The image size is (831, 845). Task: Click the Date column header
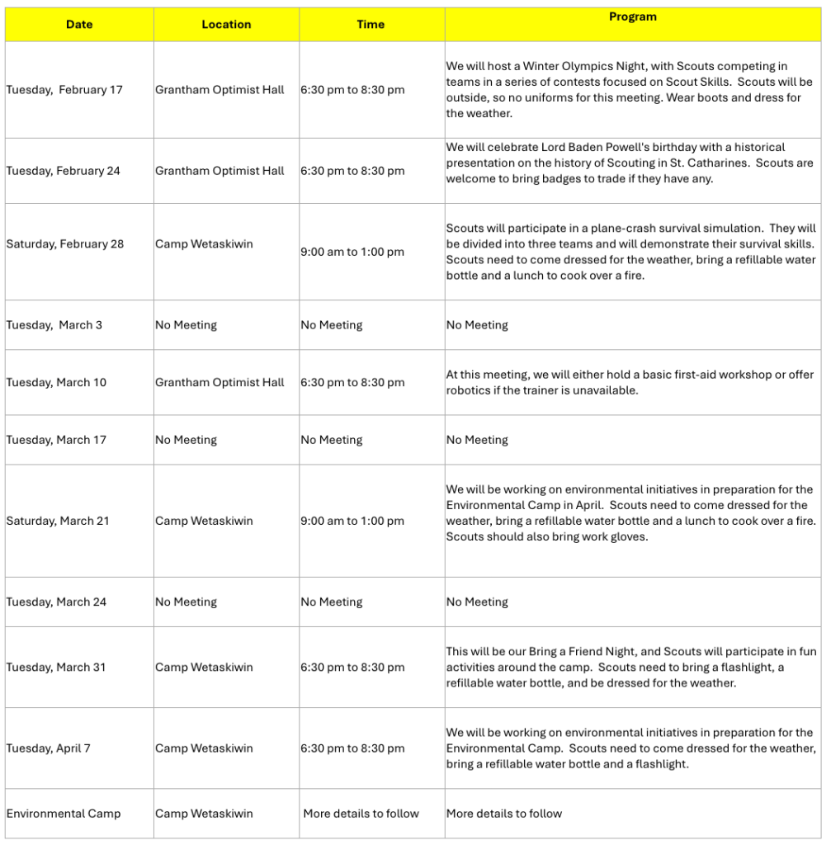click(x=79, y=25)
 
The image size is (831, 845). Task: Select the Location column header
click(x=226, y=25)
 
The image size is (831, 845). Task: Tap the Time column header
click(x=371, y=25)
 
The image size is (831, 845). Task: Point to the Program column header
click(x=633, y=17)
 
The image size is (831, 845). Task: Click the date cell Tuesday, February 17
click(x=64, y=90)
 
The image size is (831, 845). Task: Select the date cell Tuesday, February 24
click(x=64, y=171)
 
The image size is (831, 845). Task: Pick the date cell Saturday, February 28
click(x=65, y=244)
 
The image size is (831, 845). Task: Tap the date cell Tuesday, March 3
click(x=54, y=325)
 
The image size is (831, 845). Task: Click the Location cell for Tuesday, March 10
click(x=220, y=383)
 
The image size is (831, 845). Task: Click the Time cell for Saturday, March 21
click(x=352, y=522)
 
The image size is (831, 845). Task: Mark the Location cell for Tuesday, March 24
click(x=186, y=602)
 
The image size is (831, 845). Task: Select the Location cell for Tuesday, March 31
click(x=204, y=668)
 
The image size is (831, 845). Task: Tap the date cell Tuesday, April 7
click(x=49, y=748)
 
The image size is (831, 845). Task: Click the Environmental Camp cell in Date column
click(x=64, y=814)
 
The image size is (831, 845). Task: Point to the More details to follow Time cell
click(x=361, y=814)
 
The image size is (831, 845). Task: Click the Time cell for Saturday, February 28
click(x=352, y=253)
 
